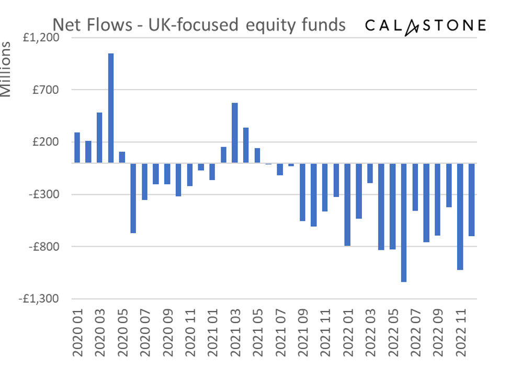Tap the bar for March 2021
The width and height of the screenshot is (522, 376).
(235, 133)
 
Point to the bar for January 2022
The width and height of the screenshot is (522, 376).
(347, 204)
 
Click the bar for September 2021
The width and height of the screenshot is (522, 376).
(302, 192)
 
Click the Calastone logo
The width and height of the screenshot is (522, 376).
(425, 25)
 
